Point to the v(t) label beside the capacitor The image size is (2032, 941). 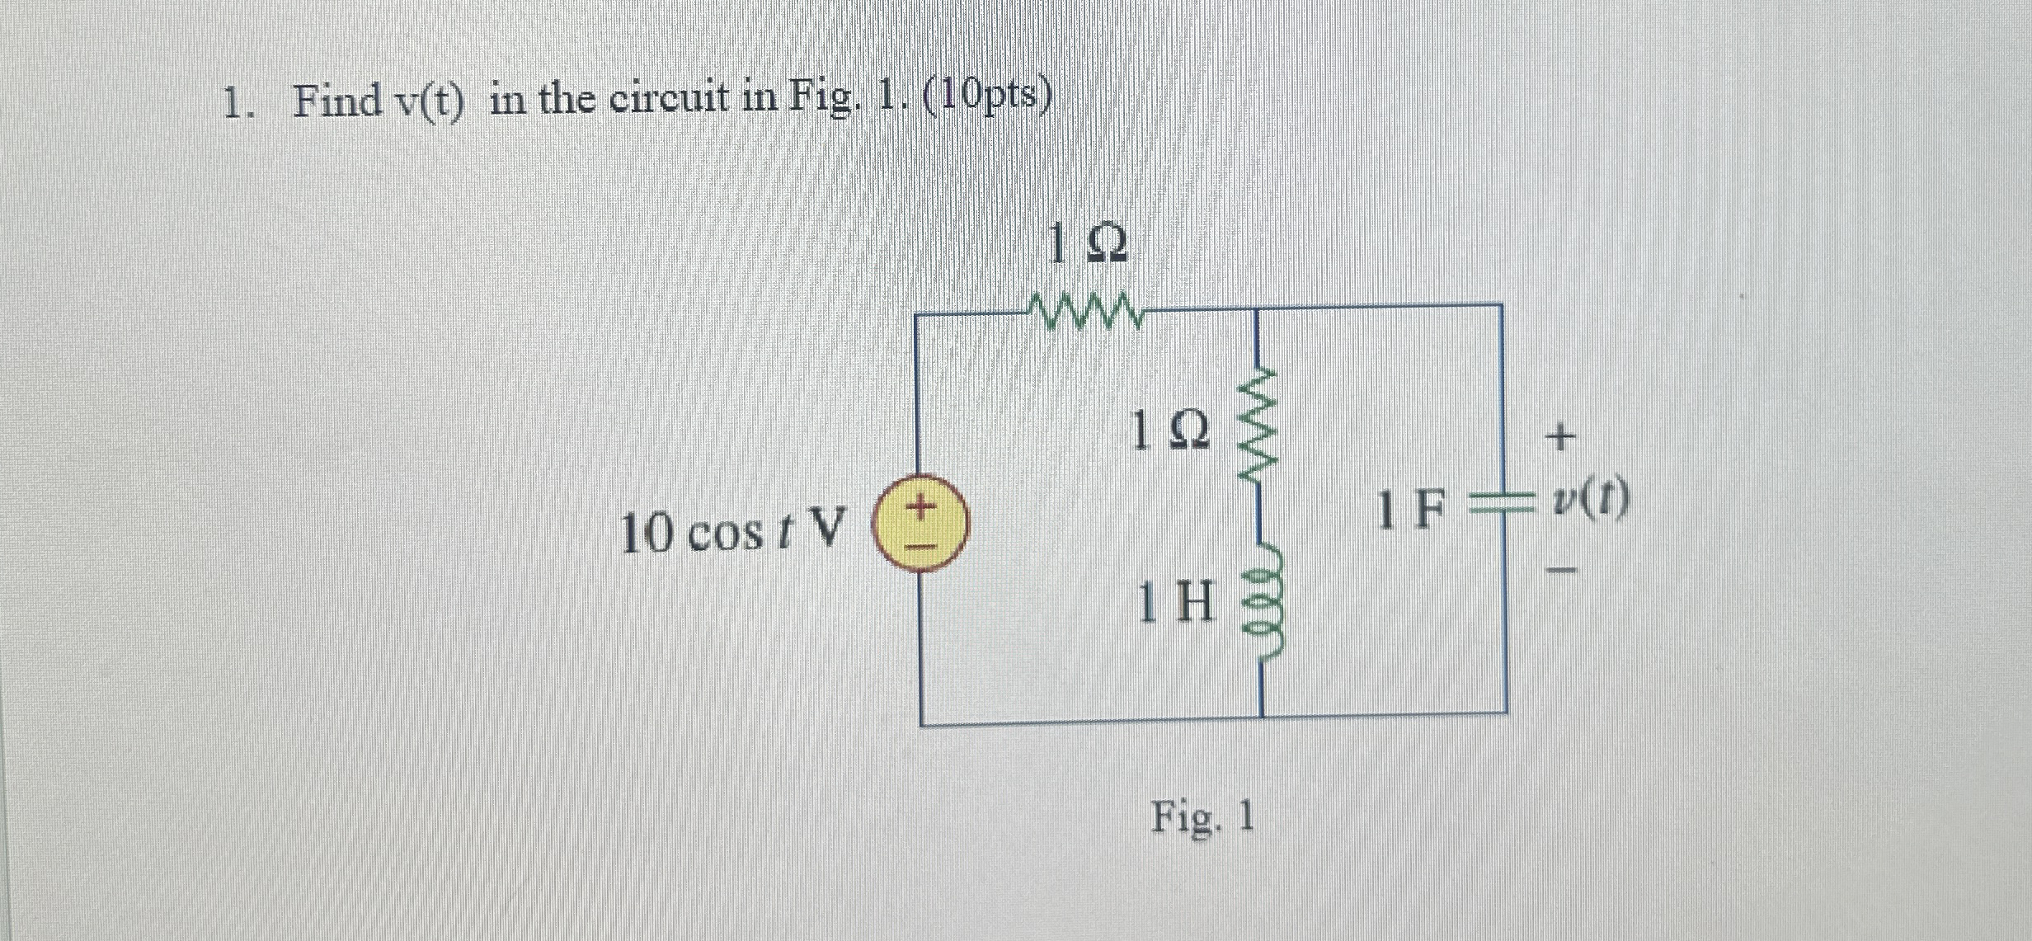1589,501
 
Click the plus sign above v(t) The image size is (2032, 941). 1558,436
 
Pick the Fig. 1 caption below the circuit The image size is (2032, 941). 1203,817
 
